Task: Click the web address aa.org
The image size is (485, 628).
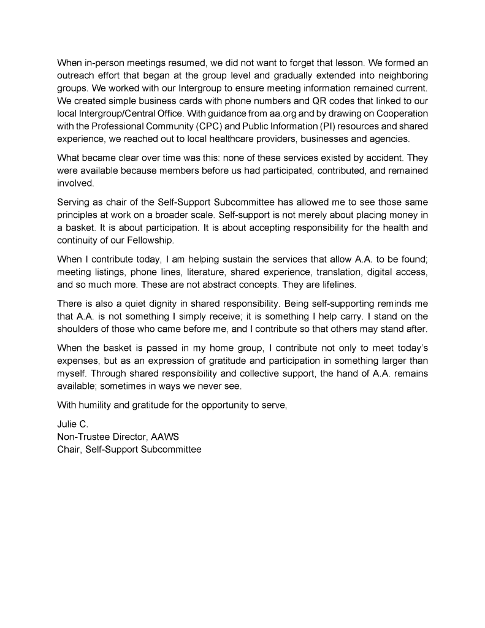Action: [x=281, y=113]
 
